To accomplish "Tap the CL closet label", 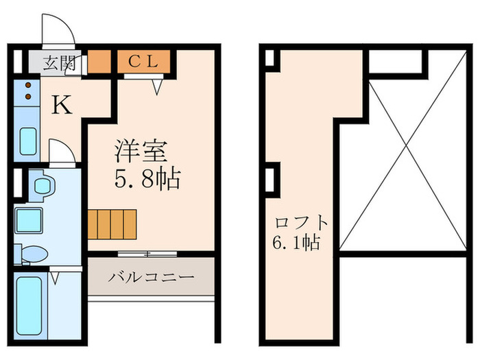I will point(143,61).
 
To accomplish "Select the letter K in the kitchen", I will point(62,105).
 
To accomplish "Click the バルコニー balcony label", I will point(151,278).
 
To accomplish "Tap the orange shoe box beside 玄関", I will point(98,62).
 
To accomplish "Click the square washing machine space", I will point(29,220).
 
